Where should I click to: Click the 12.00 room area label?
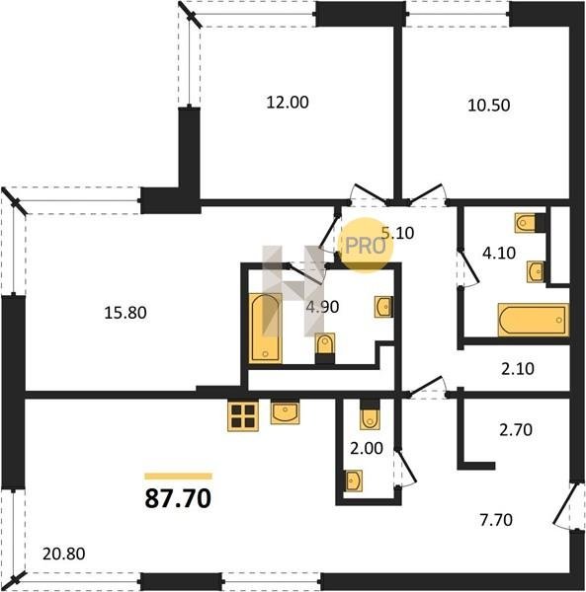(x=288, y=103)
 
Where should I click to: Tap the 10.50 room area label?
(x=489, y=106)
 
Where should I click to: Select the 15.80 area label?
(x=126, y=313)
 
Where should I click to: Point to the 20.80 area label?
(x=64, y=554)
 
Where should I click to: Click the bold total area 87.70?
(x=178, y=498)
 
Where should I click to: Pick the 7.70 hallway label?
(x=496, y=520)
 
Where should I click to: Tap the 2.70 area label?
(x=516, y=429)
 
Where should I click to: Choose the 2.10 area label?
(x=518, y=369)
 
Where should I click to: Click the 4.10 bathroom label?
(x=499, y=253)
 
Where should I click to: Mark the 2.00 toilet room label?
(x=367, y=449)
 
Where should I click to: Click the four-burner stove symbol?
(x=243, y=416)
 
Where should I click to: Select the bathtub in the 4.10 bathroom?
(x=534, y=320)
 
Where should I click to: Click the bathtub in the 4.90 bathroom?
(x=266, y=329)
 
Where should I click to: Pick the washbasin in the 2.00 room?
(x=354, y=481)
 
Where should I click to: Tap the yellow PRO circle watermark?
(x=366, y=245)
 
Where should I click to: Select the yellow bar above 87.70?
(x=179, y=476)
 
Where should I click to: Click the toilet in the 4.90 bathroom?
(x=325, y=348)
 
